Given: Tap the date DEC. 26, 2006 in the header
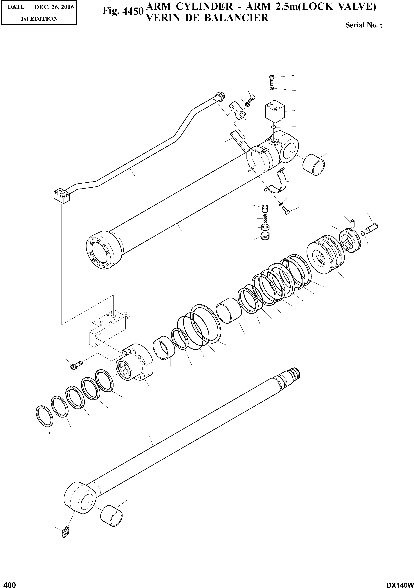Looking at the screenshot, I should (54, 7).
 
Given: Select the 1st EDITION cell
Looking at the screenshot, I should (39, 19).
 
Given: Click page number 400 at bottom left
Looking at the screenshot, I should (8, 583).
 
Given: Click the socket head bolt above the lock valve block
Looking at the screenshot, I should (272, 80).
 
